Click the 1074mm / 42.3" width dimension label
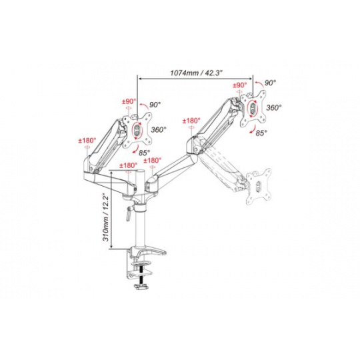click(196, 73)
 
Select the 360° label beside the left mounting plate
click(159, 129)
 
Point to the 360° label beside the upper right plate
click(274, 107)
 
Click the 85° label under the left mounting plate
click(144, 152)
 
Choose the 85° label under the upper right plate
click(261, 133)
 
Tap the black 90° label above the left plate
click(155, 105)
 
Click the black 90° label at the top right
click(270, 83)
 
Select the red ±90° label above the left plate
click(129, 101)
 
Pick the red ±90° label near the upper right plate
click(240, 85)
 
